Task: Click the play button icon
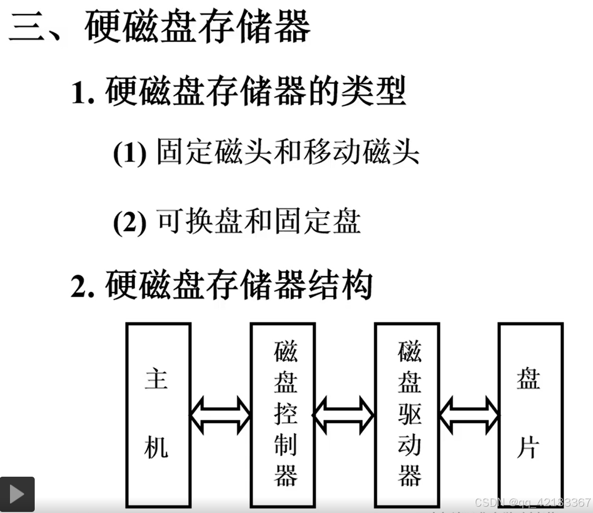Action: (x=17, y=494)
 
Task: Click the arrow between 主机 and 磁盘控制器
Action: (x=220, y=415)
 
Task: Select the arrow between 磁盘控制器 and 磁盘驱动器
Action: (x=344, y=415)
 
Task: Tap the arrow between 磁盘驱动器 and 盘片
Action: (x=468, y=415)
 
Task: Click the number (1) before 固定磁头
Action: (x=129, y=154)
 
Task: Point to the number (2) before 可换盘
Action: (x=129, y=222)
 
